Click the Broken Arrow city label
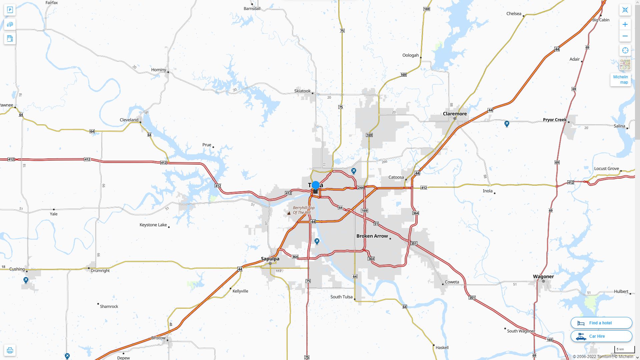point(372,236)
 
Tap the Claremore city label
point(455,114)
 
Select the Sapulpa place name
point(270,259)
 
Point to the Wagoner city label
point(543,276)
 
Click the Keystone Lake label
point(153,225)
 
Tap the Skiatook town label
point(302,91)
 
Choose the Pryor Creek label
point(555,120)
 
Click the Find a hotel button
point(601,323)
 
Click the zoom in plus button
point(625,24)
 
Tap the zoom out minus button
point(625,36)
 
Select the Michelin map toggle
point(620,80)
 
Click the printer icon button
point(10,350)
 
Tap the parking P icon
point(10,10)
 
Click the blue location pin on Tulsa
point(316,186)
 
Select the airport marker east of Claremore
point(507,124)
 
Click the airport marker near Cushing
point(26,280)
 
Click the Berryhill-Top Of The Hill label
point(303,210)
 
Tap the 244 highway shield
point(360,188)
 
